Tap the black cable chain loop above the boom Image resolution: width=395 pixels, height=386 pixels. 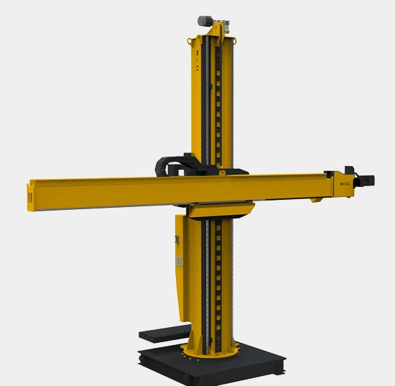[x=170, y=165]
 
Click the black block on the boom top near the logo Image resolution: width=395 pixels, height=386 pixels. [x=331, y=173]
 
